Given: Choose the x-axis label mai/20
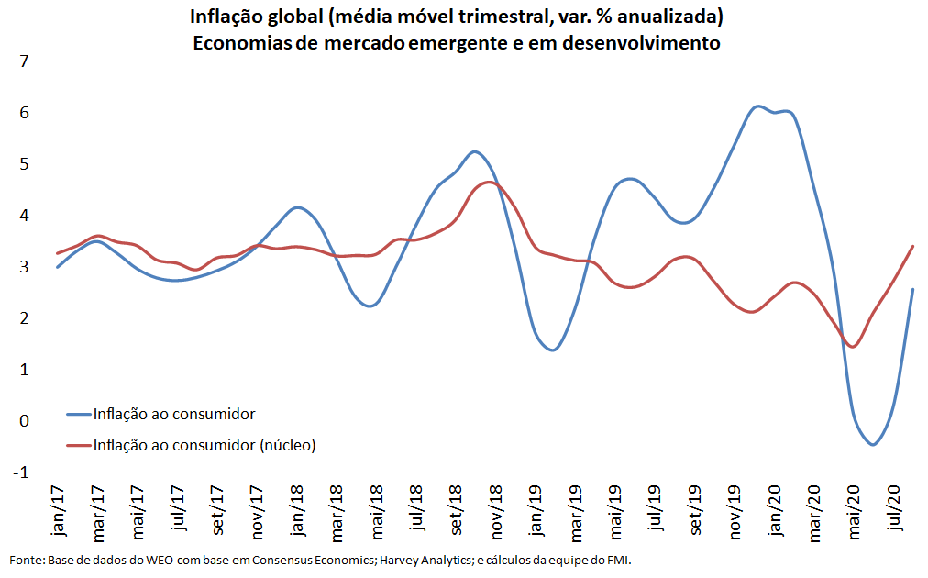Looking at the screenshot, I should pyautogui.click(x=854, y=510).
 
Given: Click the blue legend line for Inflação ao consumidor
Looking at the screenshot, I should pyautogui.click(x=78, y=414).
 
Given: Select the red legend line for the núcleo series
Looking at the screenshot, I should pyautogui.click(x=78, y=445).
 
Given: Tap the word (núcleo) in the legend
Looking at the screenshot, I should pyautogui.click(x=287, y=445).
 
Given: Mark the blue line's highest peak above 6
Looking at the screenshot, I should pyautogui.click(x=757, y=106).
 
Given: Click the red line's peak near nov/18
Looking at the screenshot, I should pyautogui.click(x=489, y=183).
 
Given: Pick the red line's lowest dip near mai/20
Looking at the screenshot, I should pyautogui.click(x=853, y=347).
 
